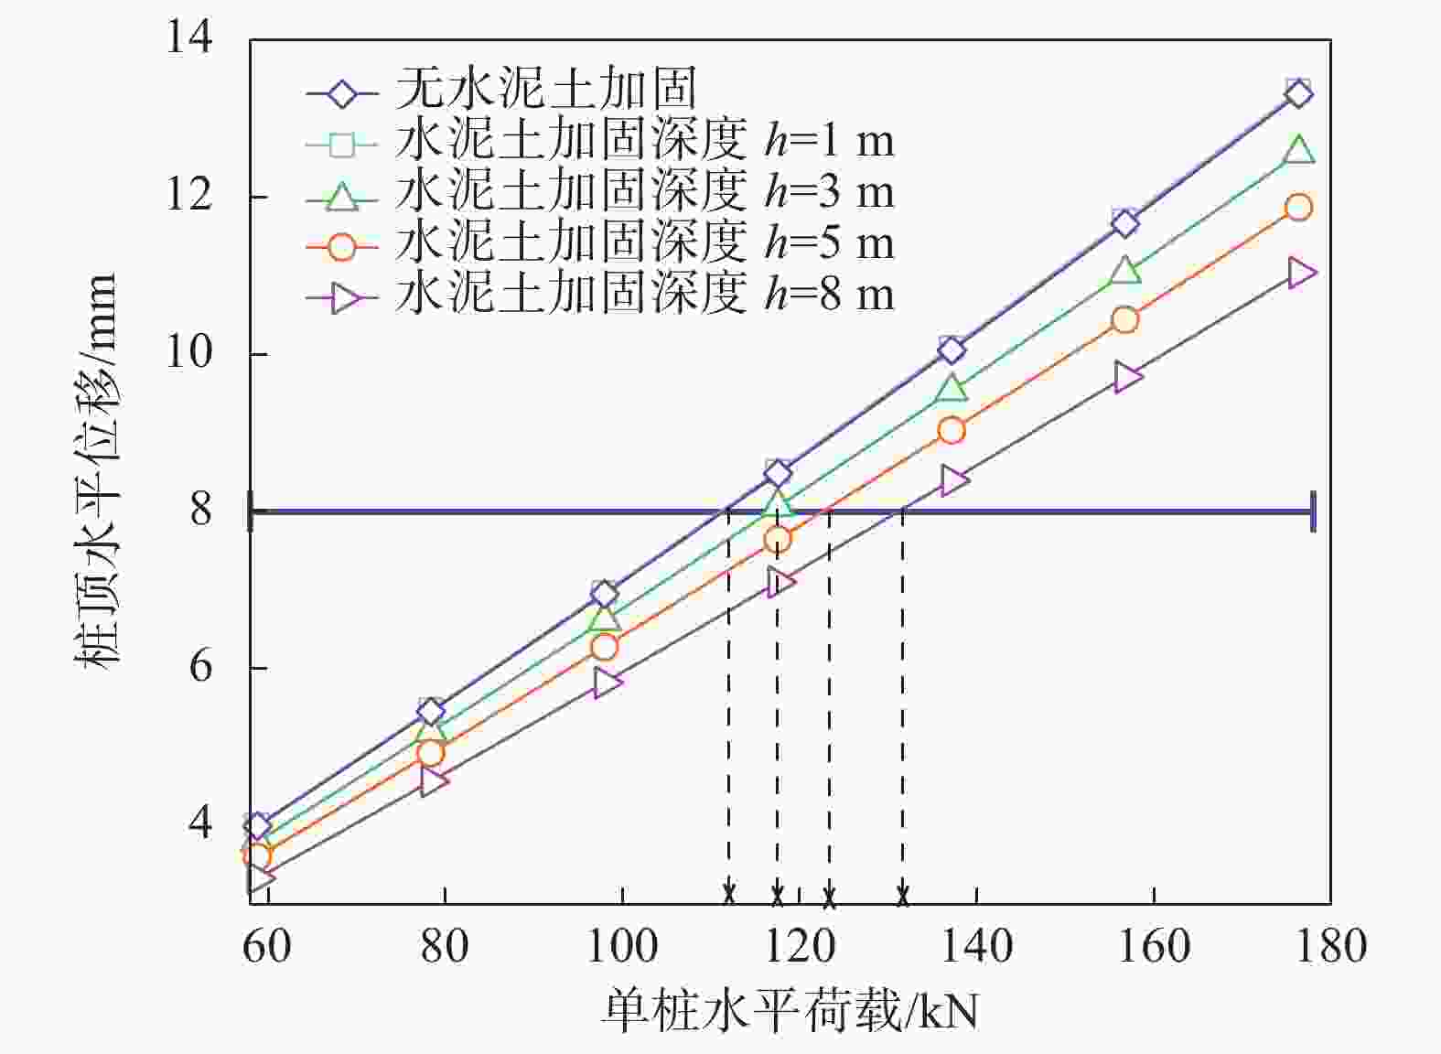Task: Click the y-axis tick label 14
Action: click(x=188, y=38)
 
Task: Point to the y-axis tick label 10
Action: click(x=188, y=353)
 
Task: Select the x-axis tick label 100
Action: click(x=621, y=945)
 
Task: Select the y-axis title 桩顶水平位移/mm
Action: click(x=96, y=471)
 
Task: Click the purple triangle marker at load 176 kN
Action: click(x=1300, y=273)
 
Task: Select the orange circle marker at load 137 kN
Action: click(x=952, y=430)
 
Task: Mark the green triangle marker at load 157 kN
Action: click(x=1125, y=271)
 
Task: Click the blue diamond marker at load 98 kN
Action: click(x=604, y=595)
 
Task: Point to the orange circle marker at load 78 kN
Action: click(x=431, y=753)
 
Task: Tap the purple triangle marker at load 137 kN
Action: click(x=953, y=480)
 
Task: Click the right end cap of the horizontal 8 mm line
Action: click(x=1313, y=511)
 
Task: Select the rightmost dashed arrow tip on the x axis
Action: click(x=902, y=896)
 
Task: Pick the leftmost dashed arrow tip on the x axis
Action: click(x=728, y=896)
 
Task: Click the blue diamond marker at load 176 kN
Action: click(x=1298, y=93)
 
